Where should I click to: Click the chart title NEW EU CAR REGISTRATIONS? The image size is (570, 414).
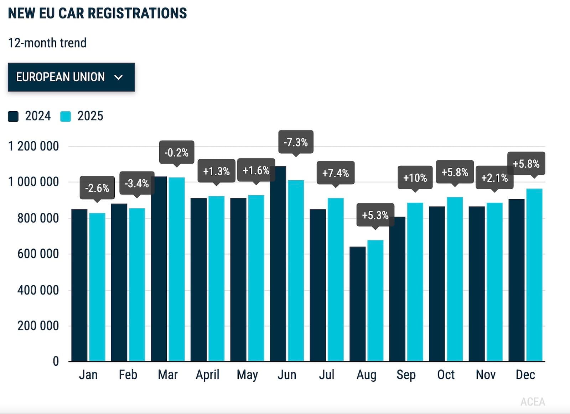(98, 13)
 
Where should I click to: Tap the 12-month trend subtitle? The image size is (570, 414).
(47, 43)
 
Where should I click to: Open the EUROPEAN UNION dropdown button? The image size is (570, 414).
(71, 77)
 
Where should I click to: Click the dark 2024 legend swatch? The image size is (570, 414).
(13, 117)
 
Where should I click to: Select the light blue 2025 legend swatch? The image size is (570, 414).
(66, 117)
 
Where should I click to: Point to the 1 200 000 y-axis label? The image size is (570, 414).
(33, 146)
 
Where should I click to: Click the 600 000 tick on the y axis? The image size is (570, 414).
(38, 254)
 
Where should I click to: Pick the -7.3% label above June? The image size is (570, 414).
(296, 142)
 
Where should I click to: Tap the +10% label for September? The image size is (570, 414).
(415, 177)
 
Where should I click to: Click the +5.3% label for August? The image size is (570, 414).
(375, 215)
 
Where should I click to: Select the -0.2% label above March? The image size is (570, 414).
(177, 152)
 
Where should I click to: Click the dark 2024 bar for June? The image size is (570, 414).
(278, 264)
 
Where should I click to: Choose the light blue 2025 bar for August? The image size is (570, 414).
(375, 301)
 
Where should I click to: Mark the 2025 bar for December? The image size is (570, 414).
(534, 275)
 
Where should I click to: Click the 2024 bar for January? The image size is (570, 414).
(79, 285)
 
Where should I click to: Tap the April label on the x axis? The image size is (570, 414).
(207, 375)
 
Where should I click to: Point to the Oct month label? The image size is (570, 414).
(446, 375)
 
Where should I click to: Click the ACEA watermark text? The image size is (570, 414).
(533, 402)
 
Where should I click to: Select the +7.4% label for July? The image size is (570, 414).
(335, 173)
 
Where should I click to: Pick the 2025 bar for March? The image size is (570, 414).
(177, 269)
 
